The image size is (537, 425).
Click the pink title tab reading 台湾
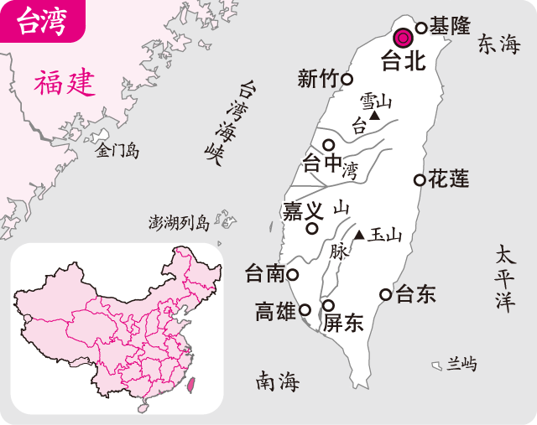42,21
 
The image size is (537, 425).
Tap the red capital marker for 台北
404,37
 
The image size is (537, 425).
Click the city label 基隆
450,26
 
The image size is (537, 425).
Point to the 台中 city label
321,163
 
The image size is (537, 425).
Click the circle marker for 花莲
419,179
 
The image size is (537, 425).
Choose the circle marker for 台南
293,274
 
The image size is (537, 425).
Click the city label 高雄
275,313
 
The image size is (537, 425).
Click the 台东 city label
416,294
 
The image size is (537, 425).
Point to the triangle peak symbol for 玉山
359,236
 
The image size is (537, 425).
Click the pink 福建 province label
65,83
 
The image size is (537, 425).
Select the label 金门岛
117,151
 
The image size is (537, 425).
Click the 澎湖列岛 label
178,222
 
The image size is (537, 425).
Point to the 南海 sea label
278,382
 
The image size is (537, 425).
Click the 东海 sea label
499,45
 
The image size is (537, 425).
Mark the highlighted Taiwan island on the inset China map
190,386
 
